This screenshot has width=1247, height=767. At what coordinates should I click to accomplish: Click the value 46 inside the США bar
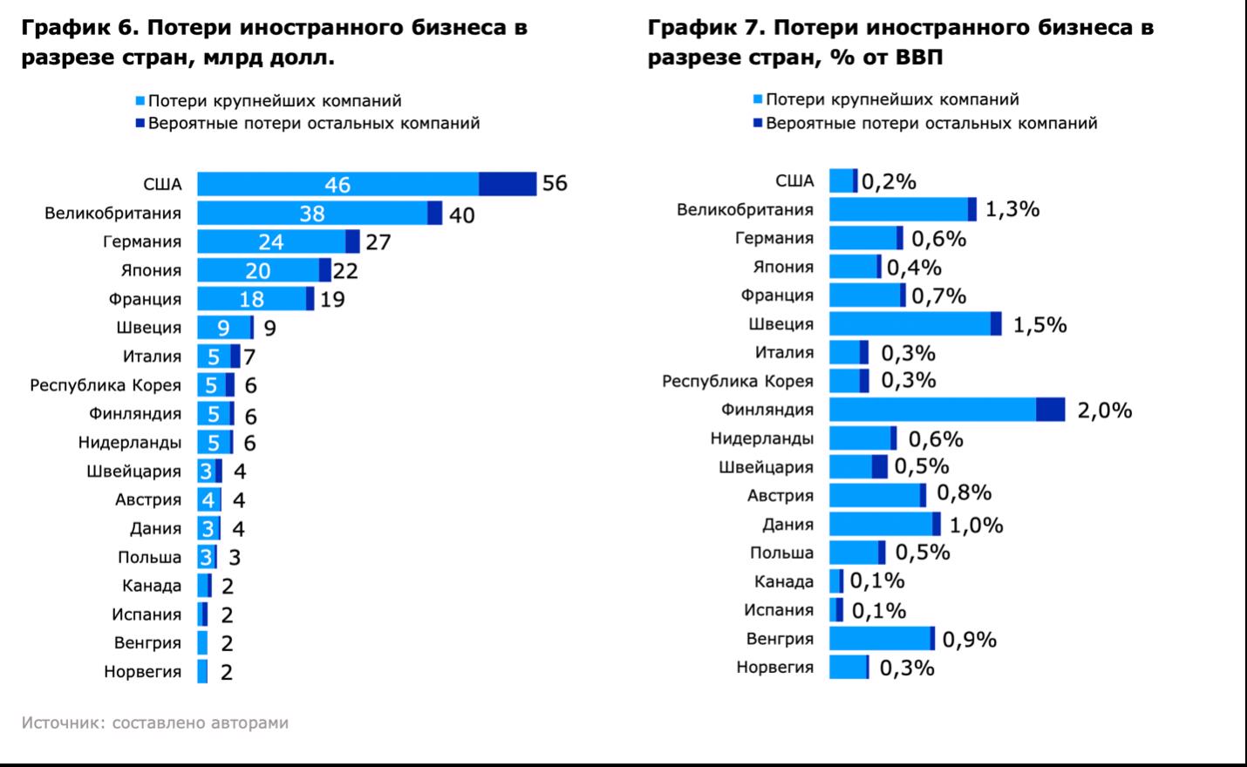coord(337,184)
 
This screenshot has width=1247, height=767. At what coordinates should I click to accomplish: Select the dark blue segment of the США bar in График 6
coord(508,184)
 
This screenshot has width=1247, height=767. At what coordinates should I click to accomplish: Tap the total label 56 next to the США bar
coord(555,183)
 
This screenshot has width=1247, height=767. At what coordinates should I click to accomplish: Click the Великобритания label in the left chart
coord(112,214)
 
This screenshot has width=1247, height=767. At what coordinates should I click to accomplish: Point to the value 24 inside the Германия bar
coord(270,241)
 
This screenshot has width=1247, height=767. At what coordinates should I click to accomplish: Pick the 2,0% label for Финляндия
coord(1104,410)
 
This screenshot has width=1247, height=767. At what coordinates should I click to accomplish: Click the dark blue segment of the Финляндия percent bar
coord(1050,410)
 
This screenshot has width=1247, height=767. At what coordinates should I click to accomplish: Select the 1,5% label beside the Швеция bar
coord(1039,324)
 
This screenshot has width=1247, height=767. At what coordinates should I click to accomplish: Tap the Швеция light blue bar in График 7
coord(910,324)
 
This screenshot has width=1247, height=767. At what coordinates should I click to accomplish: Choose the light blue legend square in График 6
coord(140,101)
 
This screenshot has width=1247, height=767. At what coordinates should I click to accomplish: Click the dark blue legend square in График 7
coord(757,124)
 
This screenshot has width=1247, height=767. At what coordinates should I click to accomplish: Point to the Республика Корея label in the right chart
coord(737,381)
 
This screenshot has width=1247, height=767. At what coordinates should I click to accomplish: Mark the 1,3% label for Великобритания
coord(1012,209)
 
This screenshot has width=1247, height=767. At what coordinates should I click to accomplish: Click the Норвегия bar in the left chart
coord(202,671)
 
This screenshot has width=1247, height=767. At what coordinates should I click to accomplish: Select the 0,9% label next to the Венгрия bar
coord(969,639)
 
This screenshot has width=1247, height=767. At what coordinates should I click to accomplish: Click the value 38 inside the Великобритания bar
coord(311,214)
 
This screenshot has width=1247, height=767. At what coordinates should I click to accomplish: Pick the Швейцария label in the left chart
coord(133,472)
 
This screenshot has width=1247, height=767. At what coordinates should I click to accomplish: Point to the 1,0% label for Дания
coord(976,525)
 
